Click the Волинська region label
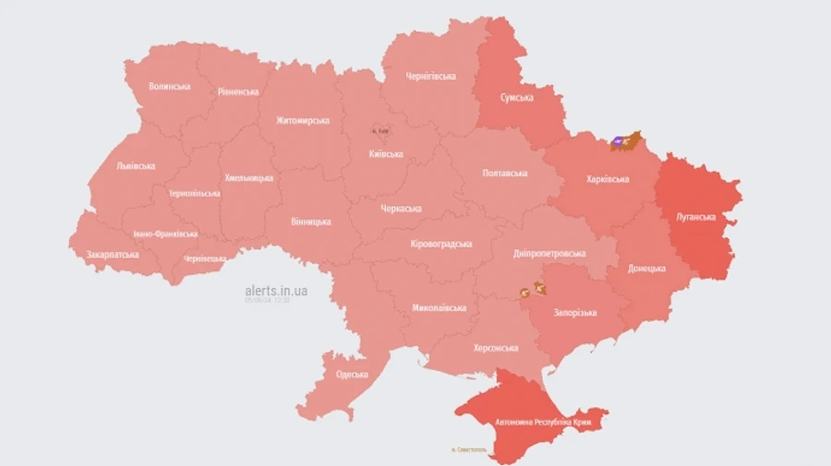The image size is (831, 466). click(x=170, y=87)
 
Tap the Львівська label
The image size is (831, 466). click(x=136, y=166)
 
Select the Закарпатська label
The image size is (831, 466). click(x=113, y=254)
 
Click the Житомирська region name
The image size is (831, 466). click(x=303, y=120)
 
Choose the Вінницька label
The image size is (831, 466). click(x=310, y=222)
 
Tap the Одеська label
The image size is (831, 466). click(x=351, y=374)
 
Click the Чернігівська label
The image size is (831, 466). click(x=431, y=76)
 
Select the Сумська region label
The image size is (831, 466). click(x=515, y=97)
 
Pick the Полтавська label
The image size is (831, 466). click(x=505, y=173)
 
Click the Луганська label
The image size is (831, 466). click(x=696, y=218)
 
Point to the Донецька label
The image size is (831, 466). click(x=646, y=269)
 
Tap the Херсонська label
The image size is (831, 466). click(x=496, y=348)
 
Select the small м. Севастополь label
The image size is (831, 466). click(x=470, y=450)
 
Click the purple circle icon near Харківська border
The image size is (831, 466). click(x=617, y=142)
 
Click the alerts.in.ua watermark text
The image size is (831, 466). click(x=276, y=290)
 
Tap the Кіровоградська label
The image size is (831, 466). click(x=440, y=244)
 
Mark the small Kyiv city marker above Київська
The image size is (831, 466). click(x=380, y=132)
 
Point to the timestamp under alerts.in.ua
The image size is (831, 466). click(x=267, y=300)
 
